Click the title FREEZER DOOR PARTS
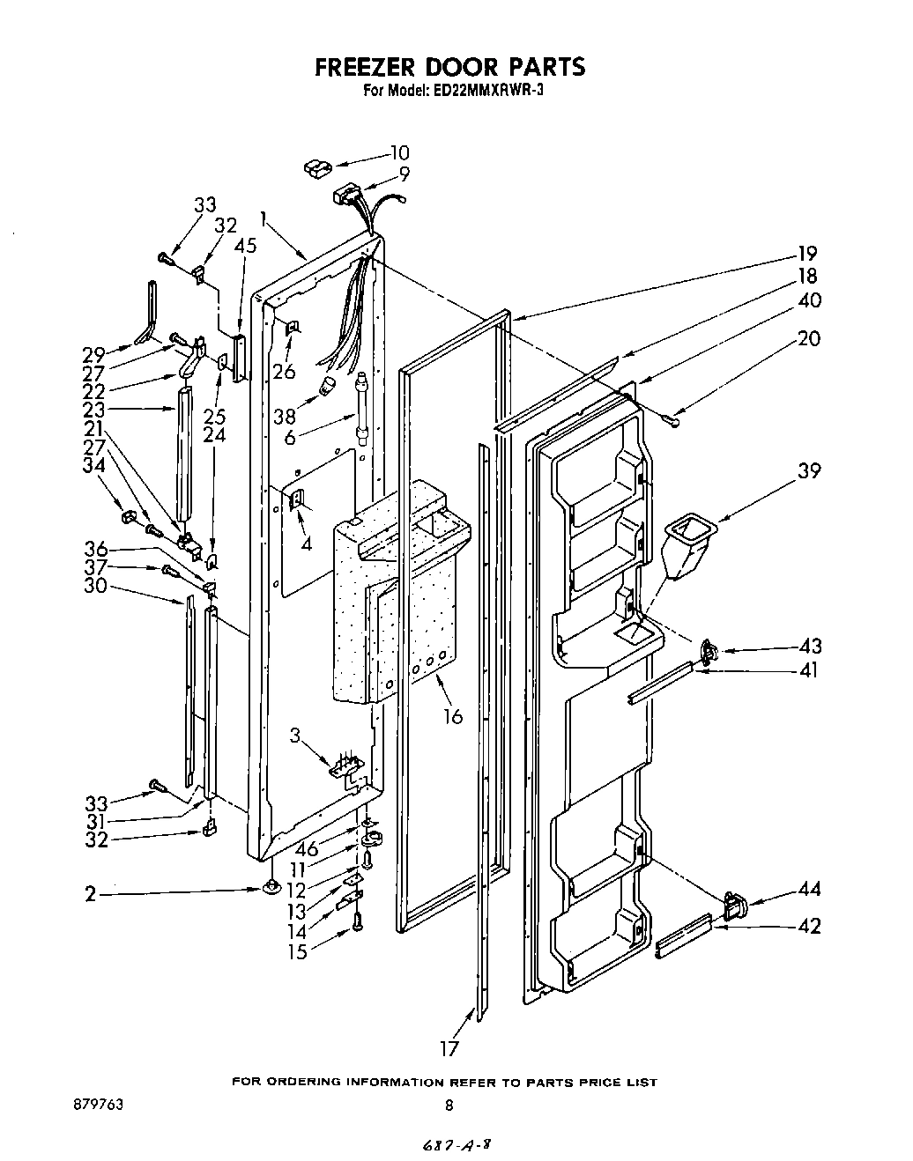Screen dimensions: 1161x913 coord(449,68)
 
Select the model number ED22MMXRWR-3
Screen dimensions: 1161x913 coord(493,89)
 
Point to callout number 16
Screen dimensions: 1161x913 coord(453,716)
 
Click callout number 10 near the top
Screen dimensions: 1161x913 coord(399,152)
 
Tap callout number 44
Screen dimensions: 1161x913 coord(809,890)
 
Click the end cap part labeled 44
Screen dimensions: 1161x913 coord(733,903)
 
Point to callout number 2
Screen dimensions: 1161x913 coord(90,894)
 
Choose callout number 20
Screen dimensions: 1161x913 coord(808,337)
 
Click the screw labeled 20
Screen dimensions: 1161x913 coord(673,422)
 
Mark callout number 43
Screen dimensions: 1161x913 coord(809,646)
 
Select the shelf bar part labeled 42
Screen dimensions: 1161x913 coord(683,937)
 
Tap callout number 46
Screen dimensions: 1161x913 coord(307,850)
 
